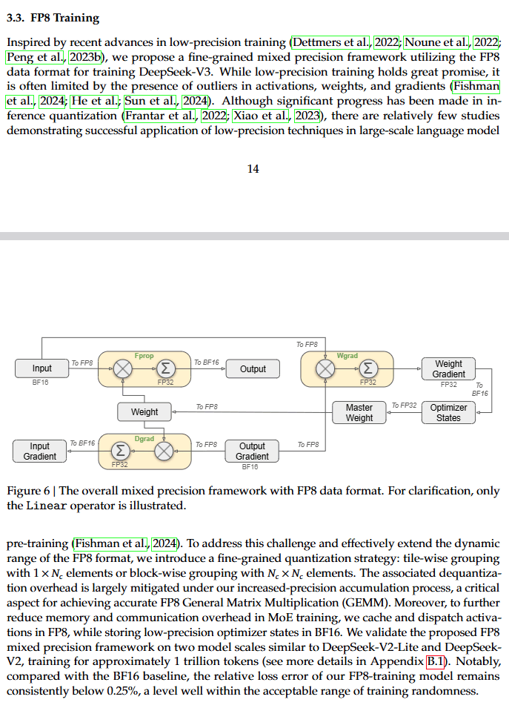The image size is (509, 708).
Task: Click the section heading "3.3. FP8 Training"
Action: pyautogui.click(x=53, y=17)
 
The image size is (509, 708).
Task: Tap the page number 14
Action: pyautogui.click(x=253, y=169)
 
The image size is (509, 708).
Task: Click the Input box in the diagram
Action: pyautogui.click(x=41, y=368)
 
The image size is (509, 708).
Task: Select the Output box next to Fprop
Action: pyautogui.click(x=253, y=368)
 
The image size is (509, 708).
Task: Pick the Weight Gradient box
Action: pyautogui.click(x=448, y=368)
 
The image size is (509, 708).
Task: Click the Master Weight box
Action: pyautogui.click(x=359, y=413)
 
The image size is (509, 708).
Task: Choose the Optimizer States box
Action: pyautogui.click(x=448, y=413)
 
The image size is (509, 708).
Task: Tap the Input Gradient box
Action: pyautogui.click(x=39, y=451)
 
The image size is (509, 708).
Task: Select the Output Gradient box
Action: pyautogui.click(x=252, y=451)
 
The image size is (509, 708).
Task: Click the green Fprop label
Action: pyautogui.click(x=144, y=356)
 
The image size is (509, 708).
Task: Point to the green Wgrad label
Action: pyautogui.click(x=347, y=356)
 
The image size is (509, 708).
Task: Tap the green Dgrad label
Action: pyautogui.click(x=144, y=439)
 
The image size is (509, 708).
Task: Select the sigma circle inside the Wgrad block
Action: pyautogui.click(x=367, y=368)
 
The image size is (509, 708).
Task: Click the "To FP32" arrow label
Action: pyautogui.click(x=404, y=406)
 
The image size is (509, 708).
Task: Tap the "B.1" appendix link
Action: pyautogui.click(x=435, y=661)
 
